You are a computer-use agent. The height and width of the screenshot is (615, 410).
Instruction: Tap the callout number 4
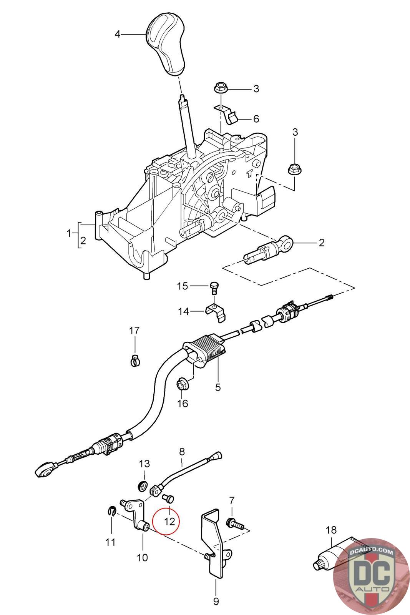[118, 34]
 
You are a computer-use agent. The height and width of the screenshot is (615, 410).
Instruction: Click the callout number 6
[256, 119]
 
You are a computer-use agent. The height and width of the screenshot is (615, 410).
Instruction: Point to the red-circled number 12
[169, 521]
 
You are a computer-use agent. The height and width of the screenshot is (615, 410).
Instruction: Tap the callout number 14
[183, 311]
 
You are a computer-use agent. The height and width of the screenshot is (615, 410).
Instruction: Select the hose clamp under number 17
[135, 360]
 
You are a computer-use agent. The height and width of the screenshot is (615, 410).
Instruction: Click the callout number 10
[142, 558]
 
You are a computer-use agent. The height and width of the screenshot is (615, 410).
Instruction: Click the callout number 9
[216, 602]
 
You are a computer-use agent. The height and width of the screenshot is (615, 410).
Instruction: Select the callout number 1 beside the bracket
[69, 233]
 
